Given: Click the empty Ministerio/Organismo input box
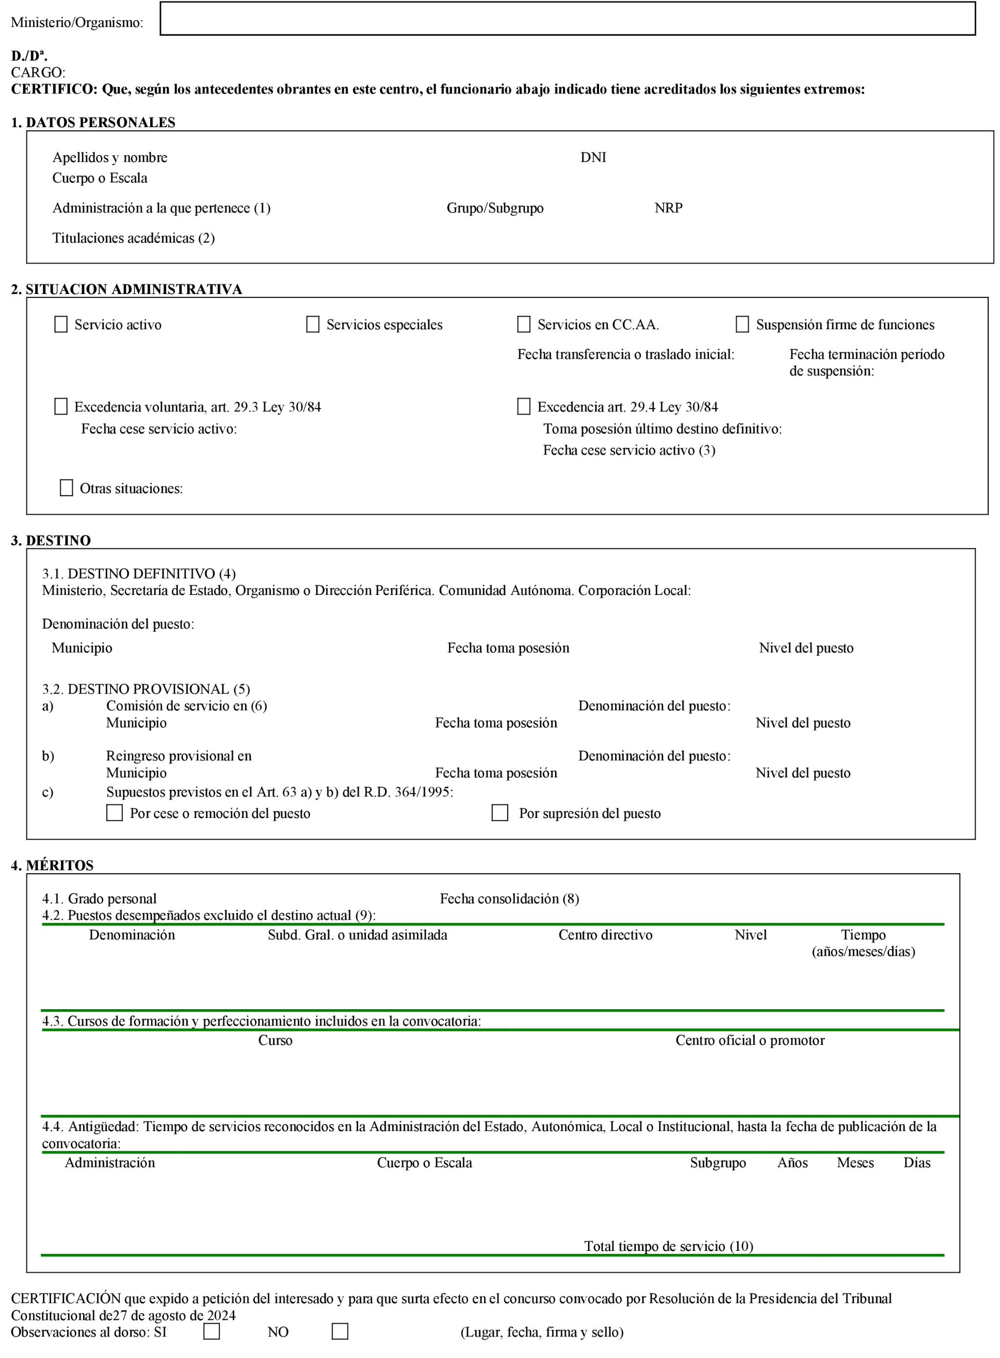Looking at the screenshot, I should click(x=567, y=19).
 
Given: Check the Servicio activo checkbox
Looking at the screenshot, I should click(x=61, y=324).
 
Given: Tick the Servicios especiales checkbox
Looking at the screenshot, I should click(x=313, y=324).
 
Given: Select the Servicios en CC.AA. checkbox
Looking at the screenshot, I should click(x=524, y=324).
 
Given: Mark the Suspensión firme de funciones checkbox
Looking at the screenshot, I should click(x=742, y=324).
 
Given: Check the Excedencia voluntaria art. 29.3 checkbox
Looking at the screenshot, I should click(x=61, y=406).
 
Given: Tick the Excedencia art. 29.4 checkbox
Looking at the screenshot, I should click(x=524, y=406).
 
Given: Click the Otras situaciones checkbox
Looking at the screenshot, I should click(x=67, y=488).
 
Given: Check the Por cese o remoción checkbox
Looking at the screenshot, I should click(x=114, y=813).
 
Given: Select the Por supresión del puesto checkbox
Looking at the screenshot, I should click(x=500, y=813).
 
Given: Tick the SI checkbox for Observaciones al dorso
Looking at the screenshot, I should click(x=212, y=1332).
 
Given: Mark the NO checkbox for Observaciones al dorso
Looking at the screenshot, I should click(x=340, y=1332).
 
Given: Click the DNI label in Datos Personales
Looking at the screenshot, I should click(x=593, y=158).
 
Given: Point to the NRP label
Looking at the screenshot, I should click(x=668, y=208).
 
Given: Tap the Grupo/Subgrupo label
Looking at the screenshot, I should click(x=495, y=208).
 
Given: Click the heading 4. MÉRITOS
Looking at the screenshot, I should click(x=52, y=865).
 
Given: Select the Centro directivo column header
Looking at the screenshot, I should click(x=605, y=935).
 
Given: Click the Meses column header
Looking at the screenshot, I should click(x=855, y=1162).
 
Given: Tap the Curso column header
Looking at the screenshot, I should click(x=275, y=1040).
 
